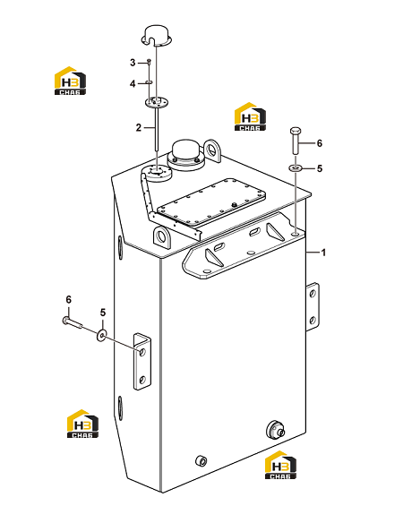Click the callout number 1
coord(323,253)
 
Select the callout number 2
coord(139,127)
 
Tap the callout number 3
coord(133,63)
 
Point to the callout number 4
coord(133,83)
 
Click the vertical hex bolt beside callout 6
coord(296,141)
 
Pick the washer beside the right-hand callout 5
coord(296,167)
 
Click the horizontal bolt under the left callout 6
coord(72,322)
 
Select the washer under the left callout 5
coord(101,335)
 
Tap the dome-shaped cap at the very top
coord(157,35)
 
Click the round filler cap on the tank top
coord(186,154)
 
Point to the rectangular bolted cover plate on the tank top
coord(211,202)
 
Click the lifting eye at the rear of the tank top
coord(212,150)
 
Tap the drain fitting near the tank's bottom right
coord(276,430)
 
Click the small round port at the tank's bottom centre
coord(201,460)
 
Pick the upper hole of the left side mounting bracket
coord(142,352)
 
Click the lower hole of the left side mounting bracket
coord(142,380)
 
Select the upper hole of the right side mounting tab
coord(313,294)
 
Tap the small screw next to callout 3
coord(150,63)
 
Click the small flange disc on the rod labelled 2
coord(157,102)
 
